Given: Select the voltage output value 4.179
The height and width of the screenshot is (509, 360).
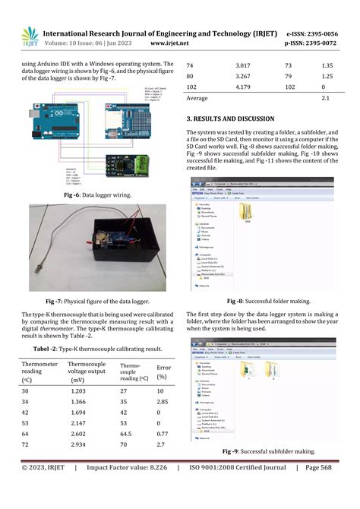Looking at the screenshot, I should [x=242, y=87].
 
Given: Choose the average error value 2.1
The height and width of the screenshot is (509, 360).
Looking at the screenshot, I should [x=326, y=99].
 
